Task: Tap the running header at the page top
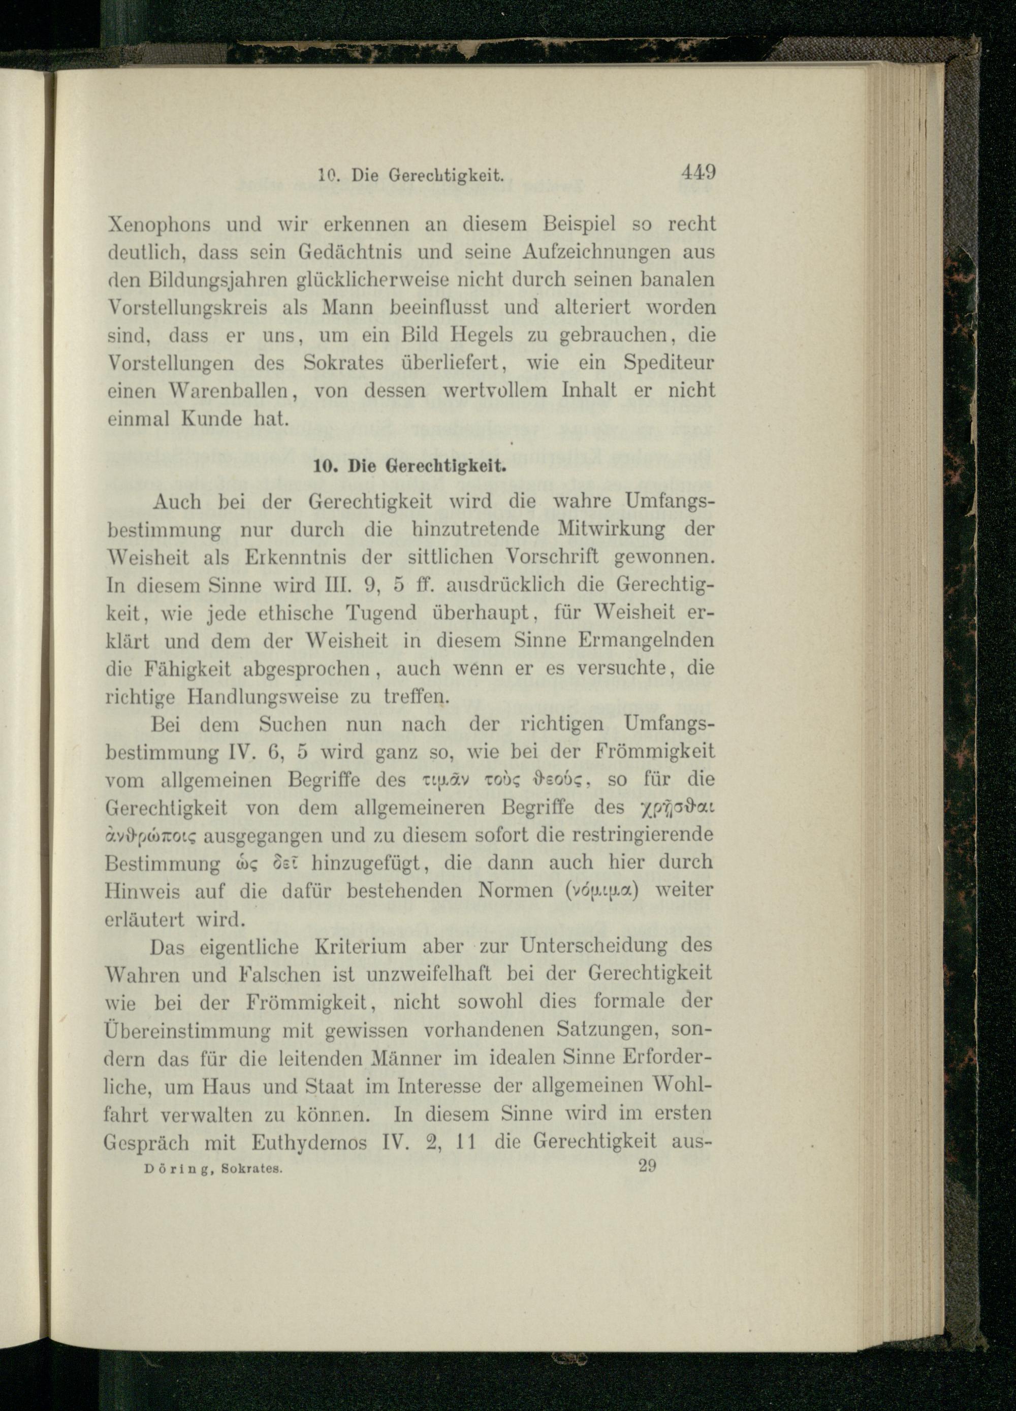pyautogui.click(x=409, y=176)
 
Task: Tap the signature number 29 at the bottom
pyautogui.click(x=647, y=1166)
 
